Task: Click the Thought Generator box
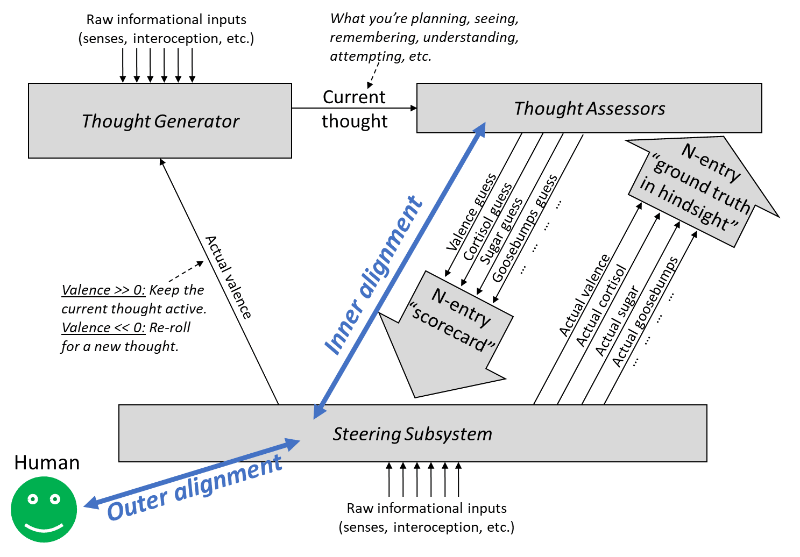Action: tap(160, 121)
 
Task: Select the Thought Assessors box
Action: tap(589, 108)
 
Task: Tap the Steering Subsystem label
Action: tap(412, 434)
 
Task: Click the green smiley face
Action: tap(44, 509)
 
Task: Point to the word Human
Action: tap(47, 462)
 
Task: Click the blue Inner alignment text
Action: tap(373, 275)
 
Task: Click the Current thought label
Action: tap(354, 109)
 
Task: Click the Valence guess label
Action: tap(472, 213)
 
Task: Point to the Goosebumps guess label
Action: tap(525, 228)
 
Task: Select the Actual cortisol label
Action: tap(601, 305)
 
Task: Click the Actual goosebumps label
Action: tap(646, 312)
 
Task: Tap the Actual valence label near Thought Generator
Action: tap(229, 277)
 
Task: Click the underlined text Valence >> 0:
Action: tap(103, 290)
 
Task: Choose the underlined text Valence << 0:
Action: tap(103, 327)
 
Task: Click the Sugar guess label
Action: tap(501, 231)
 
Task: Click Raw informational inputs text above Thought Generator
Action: tap(166, 20)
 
